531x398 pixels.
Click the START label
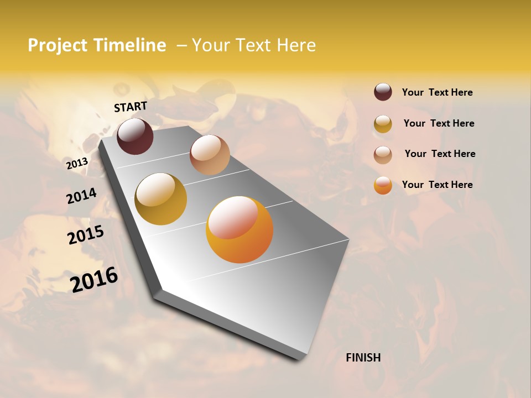click(x=131, y=107)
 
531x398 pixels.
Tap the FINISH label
click(x=363, y=358)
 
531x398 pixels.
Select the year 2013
click(x=77, y=164)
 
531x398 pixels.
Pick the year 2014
click(x=81, y=196)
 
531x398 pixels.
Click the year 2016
click(x=94, y=280)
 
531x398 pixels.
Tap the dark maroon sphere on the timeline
click(x=135, y=136)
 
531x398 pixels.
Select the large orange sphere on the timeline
click(x=240, y=229)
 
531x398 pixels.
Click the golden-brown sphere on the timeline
click(x=161, y=199)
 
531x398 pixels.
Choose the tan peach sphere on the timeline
click(x=210, y=155)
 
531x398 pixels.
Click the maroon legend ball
click(x=383, y=92)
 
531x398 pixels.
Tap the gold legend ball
click(x=383, y=124)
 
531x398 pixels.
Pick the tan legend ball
click(x=383, y=155)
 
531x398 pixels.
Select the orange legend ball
click(x=383, y=185)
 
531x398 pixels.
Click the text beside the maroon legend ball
click(x=437, y=92)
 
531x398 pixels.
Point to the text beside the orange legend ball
click(x=437, y=185)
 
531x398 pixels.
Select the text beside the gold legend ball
click(x=439, y=123)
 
